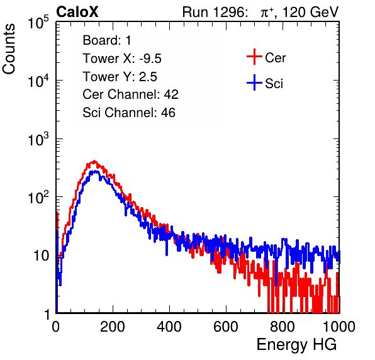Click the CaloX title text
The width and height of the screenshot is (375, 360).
point(77,12)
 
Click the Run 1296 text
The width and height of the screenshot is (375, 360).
point(215,12)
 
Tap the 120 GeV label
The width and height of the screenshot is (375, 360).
point(310,12)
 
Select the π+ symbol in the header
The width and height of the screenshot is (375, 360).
point(267,13)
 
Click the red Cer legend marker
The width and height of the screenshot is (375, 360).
point(254,57)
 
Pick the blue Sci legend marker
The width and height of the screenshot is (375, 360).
point(254,82)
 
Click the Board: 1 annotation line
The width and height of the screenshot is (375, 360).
point(107,40)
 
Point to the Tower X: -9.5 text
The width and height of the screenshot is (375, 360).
point(122,59)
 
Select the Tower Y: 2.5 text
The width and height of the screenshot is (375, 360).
point(120,77)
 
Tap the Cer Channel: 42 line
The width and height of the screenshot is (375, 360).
point(131,94)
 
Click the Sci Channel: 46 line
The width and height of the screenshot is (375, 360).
point(129,113)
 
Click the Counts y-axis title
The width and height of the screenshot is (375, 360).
point(9,49)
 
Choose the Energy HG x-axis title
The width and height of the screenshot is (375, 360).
point(296,345)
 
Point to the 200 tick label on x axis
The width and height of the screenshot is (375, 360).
point(113,327)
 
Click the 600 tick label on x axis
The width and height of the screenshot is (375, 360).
point(226,327)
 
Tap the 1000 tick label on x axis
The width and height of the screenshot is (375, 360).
point(339,327)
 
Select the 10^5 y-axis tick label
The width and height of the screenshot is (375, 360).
point(38,22)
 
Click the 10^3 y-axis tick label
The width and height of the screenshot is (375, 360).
point(38,138)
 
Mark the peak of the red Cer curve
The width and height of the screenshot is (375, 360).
point(94,161)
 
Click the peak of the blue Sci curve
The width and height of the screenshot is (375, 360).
point(95,171)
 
